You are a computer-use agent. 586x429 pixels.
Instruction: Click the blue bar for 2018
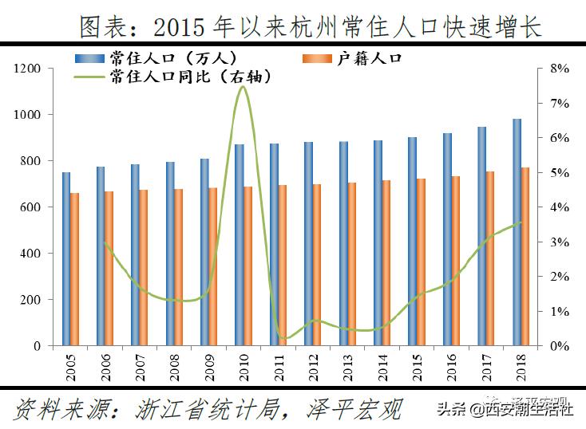point(517,232)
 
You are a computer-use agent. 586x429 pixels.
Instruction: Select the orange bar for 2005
point(74,269)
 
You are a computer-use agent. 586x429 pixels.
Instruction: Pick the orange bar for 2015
point(421,262)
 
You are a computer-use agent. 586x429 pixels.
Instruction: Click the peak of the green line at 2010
point(242,86)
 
